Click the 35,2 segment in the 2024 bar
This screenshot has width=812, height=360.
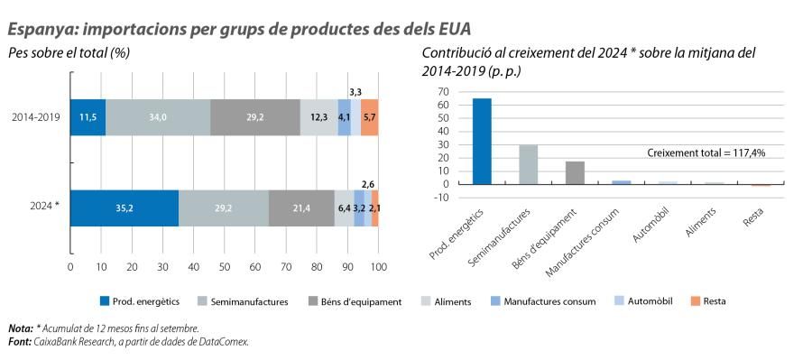coord(124,208)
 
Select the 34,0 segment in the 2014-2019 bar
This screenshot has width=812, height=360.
coord(158,117)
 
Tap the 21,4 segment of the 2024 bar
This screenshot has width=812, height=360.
coord(301,208)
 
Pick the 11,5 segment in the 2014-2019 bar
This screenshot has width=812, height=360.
coord(88,117)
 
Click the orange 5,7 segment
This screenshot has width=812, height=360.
coord(369,117)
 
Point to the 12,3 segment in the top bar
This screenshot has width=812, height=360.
coord(318,117)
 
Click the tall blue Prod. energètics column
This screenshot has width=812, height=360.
coord(482,141)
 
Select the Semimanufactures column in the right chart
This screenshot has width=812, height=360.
coord(529,164)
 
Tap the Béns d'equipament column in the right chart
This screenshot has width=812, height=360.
coord(575,172)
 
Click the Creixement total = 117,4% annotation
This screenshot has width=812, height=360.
coord(706,153)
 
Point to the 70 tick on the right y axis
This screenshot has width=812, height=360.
coord(443,92)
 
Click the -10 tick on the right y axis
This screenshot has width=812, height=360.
coord(441,197)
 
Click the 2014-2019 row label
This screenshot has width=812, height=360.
coord(37,117)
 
